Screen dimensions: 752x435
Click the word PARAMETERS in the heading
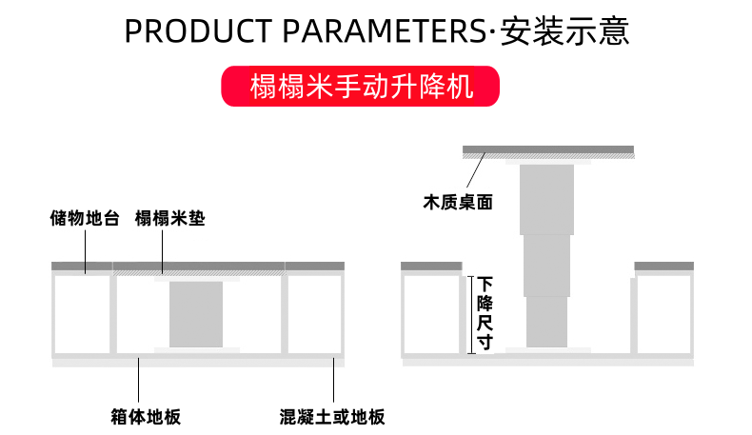point(382,30)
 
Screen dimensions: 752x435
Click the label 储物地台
point(85,219)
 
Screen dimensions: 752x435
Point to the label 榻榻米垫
point(170,219)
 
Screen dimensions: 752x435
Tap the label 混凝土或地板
point(332,417)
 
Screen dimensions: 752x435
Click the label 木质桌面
point(458,202)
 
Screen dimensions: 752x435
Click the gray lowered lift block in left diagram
point(196,313)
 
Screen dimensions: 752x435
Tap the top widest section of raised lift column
point(546,198)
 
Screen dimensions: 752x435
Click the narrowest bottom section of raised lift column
point(546,322)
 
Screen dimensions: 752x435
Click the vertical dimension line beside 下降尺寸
point(470,314)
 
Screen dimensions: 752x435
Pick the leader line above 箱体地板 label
point(140,381)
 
